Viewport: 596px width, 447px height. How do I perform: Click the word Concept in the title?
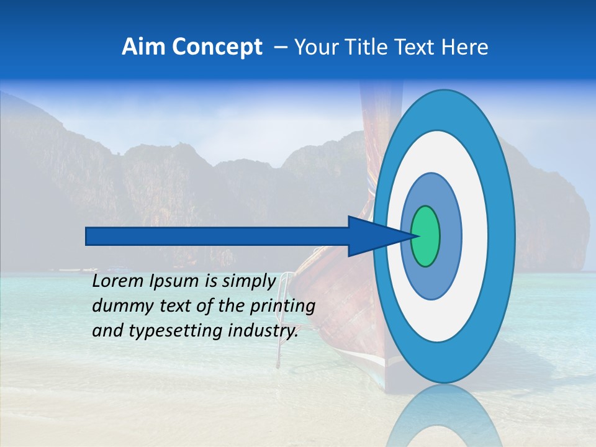coord(217,47)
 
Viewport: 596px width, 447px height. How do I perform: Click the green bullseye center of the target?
coord(426,236)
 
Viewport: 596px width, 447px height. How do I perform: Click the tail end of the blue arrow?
coord(88,236)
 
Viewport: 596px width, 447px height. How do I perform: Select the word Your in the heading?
coord(314,47)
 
